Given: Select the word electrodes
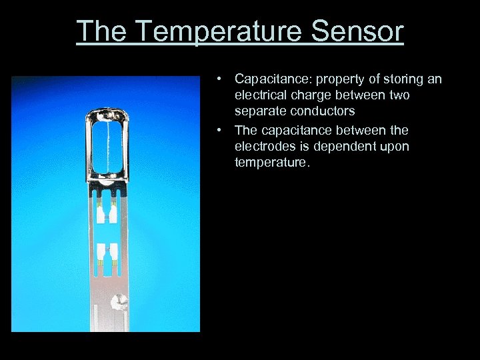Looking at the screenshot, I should tap(263, 145).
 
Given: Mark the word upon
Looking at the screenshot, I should tap(393, 145).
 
